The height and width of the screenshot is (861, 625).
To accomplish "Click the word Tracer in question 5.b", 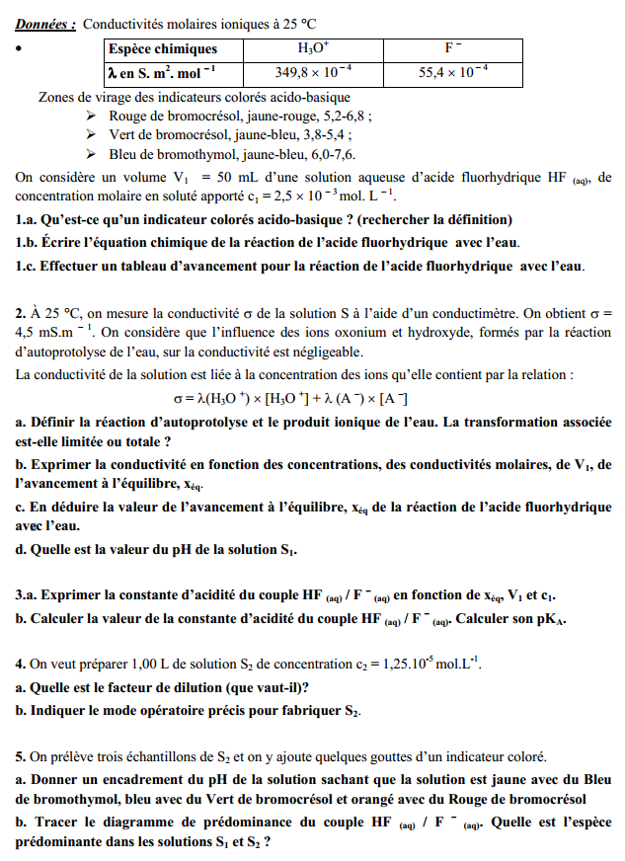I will (x=55, y=822).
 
